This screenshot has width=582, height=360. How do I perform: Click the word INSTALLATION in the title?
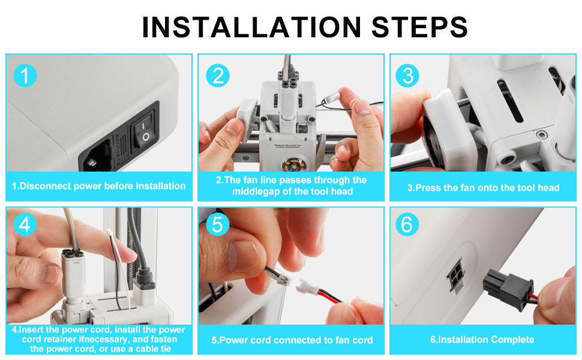(251, 27)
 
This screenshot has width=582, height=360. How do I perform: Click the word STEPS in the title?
(419, 27)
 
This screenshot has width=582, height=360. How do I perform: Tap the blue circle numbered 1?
(25, 76)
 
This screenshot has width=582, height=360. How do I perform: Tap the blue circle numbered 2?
(218, 76)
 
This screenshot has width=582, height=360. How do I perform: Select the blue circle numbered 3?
(407, 76)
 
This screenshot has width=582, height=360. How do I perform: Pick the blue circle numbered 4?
(25, 224)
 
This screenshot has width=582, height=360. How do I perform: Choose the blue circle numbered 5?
(218, 224)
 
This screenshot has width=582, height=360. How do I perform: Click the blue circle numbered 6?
(407, 224)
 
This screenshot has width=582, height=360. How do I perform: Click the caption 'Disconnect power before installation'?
(99, 186)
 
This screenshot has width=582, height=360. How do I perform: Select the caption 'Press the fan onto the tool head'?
(483, 187)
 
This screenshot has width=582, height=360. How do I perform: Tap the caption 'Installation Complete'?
(482, 339)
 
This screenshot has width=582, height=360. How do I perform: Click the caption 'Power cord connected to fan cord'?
(292, 340)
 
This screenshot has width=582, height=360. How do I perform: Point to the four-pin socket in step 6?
(455, 276)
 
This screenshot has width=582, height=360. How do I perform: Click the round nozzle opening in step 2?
(293, 164)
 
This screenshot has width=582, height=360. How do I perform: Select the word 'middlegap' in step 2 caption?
(256, 191)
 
